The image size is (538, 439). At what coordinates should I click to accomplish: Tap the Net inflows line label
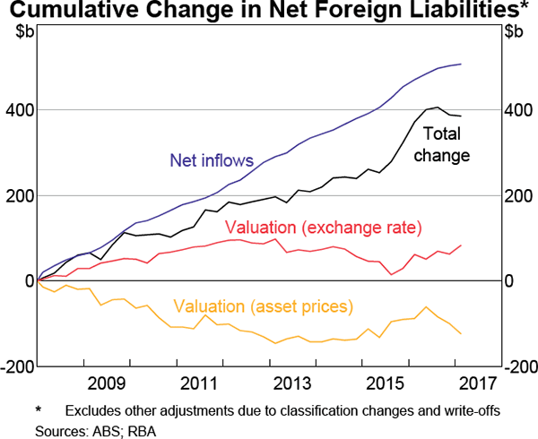pyautogui.click(x=212, y=161)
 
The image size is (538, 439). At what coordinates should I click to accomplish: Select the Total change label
pyautogui.click(x=446, y=144)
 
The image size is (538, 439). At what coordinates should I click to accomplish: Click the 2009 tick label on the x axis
pyautogui.click(x=107, y=384)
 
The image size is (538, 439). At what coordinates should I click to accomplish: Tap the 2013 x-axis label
pyautogui.click(x=292, y=384)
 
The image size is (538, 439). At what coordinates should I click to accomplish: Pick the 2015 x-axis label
pyautogui.click(x=386, y=384)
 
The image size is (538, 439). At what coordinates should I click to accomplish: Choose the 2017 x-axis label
pyautogui.click(x=478, y=384)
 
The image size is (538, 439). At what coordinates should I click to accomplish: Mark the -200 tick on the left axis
pyautogui.click(x=17, y=366)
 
